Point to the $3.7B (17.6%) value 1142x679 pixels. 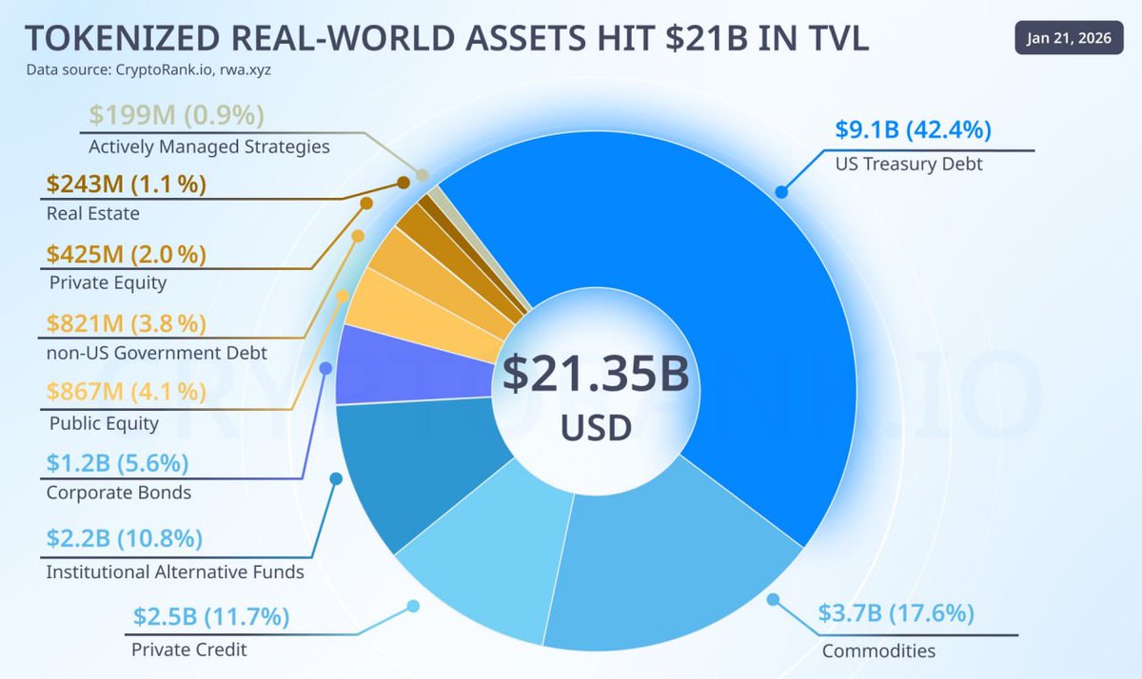(x=896, y=613)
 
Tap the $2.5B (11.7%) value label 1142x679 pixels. (x=211, y=617)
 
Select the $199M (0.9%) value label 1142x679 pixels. (x=176, y=115)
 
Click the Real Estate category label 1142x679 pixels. (x=92, y=213)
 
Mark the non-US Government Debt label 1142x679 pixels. (x=156, y=353)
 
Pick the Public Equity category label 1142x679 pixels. (x=103, y=423)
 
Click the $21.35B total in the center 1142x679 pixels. (x=596, y=376)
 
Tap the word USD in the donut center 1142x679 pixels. (x=596, y=428)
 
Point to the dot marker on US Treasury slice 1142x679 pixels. (x=781, y=192)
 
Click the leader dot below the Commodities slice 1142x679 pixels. (x=773, y=600)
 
